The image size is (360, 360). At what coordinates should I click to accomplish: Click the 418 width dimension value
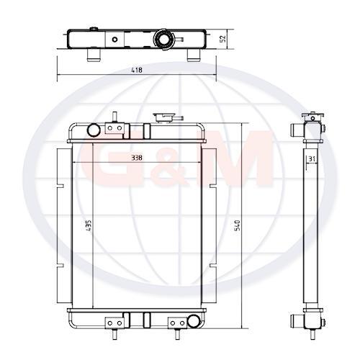point(137,70)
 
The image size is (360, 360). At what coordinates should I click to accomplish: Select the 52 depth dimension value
point(223,39)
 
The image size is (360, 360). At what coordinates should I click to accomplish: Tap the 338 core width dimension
point(137,158)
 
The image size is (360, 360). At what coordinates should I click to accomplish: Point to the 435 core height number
point(89,225)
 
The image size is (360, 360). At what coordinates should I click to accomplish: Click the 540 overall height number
point(237,225)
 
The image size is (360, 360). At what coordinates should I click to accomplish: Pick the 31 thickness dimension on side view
point(312,158)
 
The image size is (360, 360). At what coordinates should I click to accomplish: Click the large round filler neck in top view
point(164,40)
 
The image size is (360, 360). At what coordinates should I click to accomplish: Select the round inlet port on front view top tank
point(94,130)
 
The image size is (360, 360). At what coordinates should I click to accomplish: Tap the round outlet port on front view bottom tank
point(194,321)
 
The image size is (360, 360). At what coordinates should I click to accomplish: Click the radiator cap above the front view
point(167,117)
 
